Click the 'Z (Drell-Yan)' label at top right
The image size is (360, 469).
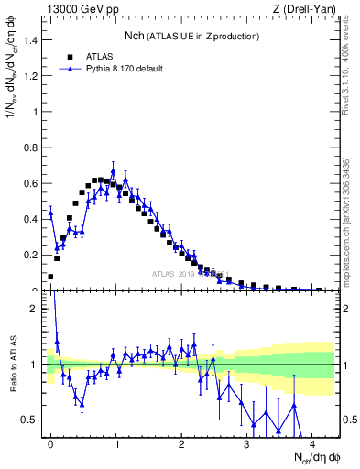(307, 10)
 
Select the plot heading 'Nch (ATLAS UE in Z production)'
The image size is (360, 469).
(192, 36)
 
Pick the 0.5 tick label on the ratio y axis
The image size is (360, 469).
(32, 420)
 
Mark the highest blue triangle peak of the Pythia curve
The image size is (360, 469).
(114, 171)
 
